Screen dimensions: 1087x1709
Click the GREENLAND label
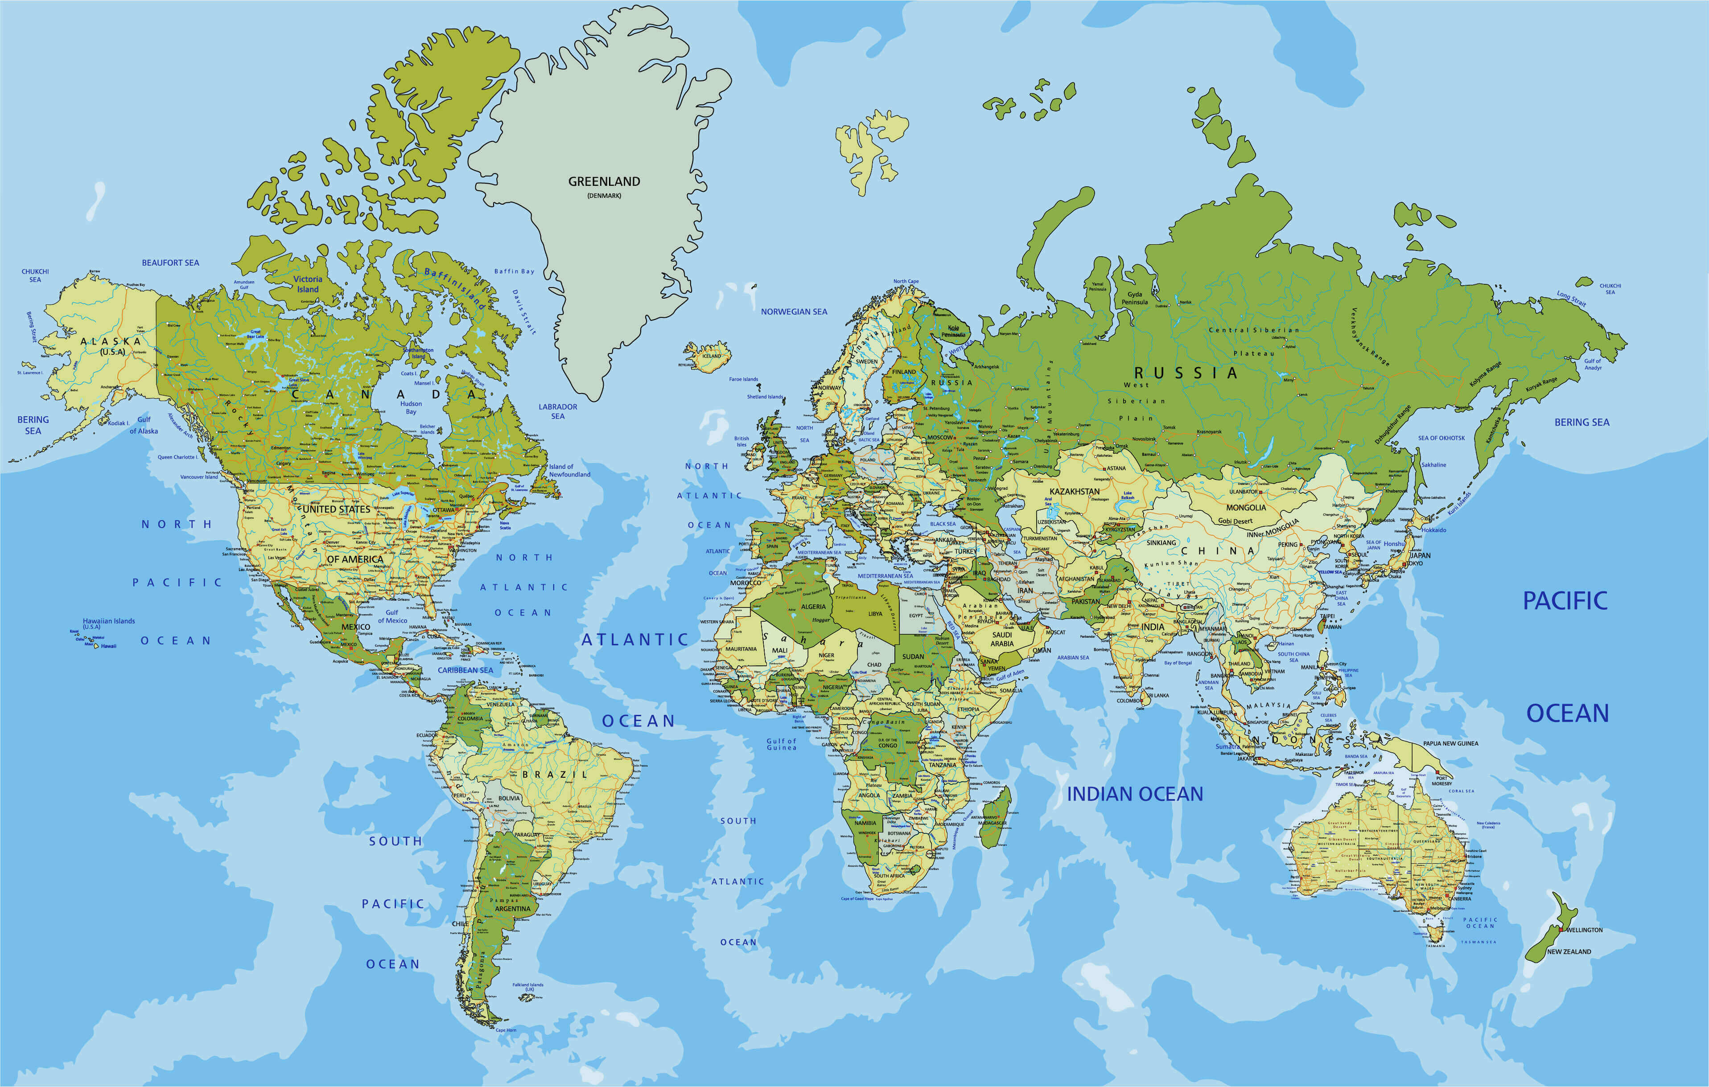(x=604, y=182)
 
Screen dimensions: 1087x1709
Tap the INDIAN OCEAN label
(x=1135, y=794)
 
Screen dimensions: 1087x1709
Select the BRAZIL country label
(x=555, y=774)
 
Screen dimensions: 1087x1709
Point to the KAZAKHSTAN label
(x=1075, y=491)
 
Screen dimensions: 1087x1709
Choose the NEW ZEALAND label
(x=1569, y=952)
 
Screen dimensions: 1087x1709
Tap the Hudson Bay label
(x=411, y=407)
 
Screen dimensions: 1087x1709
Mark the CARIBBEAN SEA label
(x=465, y=670)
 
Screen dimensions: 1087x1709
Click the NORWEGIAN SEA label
(x=794, y=312)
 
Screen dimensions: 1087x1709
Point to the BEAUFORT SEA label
(x=170, y=263)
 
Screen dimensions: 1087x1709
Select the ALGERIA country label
(x=813, y=607)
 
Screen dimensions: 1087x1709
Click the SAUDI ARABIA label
(x=1002, y=639)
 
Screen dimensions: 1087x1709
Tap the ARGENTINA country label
(x=512, y=908)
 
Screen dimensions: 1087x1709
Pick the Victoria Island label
(x=308, y=284)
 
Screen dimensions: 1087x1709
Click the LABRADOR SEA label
(x=558, y=411)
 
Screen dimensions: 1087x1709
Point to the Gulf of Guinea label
(x=782, y=743)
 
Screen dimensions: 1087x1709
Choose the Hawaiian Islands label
(x=109, y=623)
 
